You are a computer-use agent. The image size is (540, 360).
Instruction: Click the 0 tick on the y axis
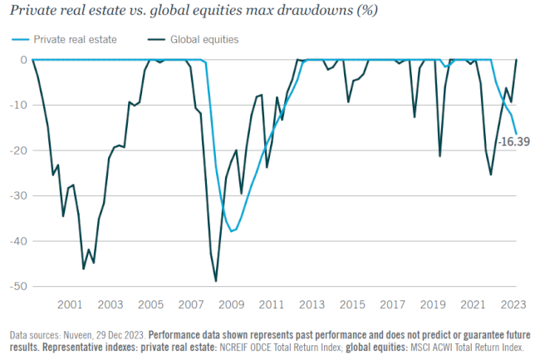coord(22,60)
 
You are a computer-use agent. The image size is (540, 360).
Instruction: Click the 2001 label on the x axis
coord(70,304)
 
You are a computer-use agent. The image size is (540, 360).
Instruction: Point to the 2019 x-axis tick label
coord(433,304)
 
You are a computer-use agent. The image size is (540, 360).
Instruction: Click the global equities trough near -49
coord(216,281)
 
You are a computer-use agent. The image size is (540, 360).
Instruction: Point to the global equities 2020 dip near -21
coord(440,155)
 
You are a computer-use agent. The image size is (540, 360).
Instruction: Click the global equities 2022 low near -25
coord(491,174)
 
